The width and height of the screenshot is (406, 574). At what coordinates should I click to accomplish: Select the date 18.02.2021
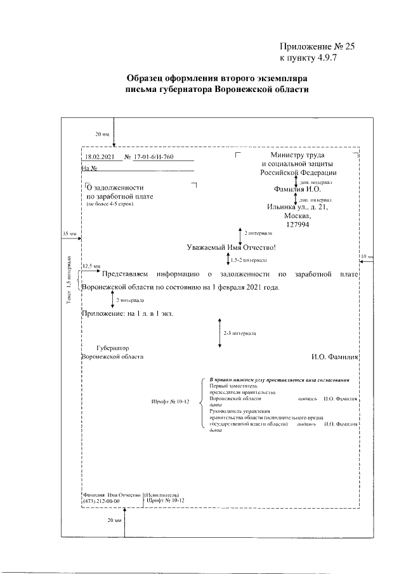click(99, 157)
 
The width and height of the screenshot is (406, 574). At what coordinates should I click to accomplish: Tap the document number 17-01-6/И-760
click(153, 157)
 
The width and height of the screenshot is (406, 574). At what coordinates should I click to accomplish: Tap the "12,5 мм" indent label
click(91, 267)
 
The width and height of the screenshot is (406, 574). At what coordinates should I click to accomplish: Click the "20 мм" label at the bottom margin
click(114, 520)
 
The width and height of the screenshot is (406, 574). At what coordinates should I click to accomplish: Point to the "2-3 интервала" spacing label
click(239, 332)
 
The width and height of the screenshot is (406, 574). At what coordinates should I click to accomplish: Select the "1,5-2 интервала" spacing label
click(249, 260)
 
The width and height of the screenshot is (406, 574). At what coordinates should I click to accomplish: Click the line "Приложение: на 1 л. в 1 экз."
click(128, 313)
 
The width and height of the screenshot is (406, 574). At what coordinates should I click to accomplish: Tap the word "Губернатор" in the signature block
click(112, 348)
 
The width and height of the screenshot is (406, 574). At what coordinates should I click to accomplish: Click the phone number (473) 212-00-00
click(101, 501)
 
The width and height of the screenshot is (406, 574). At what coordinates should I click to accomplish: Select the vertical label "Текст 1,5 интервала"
click(69, 282)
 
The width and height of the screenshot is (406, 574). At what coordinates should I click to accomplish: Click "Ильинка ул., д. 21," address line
click(298, 207)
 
